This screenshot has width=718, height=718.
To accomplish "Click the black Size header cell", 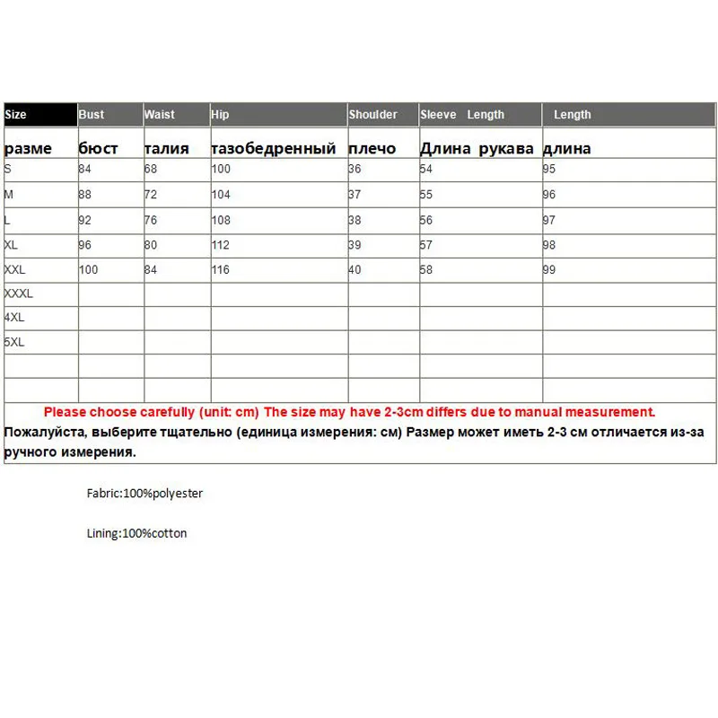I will point(40,115).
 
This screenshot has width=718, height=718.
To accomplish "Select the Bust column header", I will point(92,115).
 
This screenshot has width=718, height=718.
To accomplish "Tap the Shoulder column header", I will point(373,115).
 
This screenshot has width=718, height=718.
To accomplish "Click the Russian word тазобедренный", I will point(274,148).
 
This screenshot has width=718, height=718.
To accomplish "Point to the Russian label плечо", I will point(372,148).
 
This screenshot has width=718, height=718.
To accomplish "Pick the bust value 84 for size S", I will point(85,170).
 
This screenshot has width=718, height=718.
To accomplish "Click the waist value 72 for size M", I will point(152,195).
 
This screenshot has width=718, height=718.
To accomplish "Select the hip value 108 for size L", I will point(221,220).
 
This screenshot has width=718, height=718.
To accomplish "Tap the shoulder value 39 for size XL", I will point(355,245).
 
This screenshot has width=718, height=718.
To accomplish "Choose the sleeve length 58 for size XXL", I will point(426,270).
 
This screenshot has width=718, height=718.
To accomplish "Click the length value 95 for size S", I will point(549,170).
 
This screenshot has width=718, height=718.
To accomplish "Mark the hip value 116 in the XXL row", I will point(221,270).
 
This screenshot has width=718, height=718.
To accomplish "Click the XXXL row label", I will point(19,293).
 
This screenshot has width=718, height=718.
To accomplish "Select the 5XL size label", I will point(14,343).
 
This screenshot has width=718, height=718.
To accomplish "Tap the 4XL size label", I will point(14,318).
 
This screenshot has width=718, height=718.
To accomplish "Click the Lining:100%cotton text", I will point(137,533).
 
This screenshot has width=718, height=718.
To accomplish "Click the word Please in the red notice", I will point(64,412).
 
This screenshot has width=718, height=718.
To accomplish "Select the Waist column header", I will point(160,115).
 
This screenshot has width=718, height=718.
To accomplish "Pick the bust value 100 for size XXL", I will point(88,270).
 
